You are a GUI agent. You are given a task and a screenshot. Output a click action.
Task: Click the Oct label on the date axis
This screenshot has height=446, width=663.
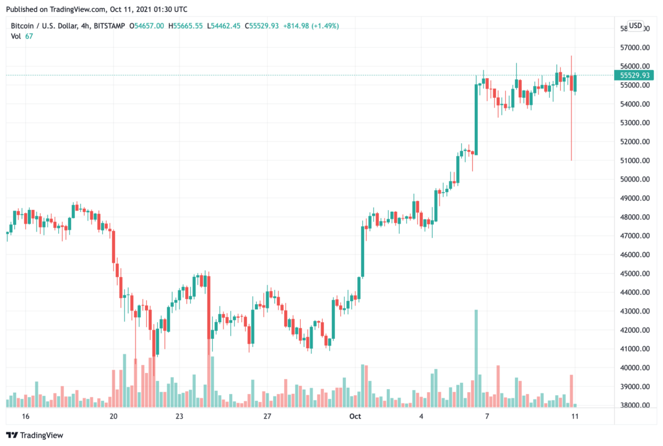[x=355, y=416]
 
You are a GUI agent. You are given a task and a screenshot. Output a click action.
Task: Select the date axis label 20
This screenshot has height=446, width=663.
[x=113, y=416]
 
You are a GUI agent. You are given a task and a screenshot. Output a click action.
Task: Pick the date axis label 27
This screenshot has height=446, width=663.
[x=267, y=416]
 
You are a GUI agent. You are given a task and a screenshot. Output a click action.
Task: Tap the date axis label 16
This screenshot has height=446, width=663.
[x=25, y=416]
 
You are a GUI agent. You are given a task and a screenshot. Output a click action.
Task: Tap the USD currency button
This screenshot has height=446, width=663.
[x=635, y=25]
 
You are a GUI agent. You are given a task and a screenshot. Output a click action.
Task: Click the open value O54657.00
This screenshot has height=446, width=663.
[x=147, y=25]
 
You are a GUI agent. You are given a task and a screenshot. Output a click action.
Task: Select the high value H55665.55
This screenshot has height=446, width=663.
[x=187, y=25]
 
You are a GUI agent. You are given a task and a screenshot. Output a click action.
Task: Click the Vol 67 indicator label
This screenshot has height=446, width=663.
[x=22, y=36]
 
